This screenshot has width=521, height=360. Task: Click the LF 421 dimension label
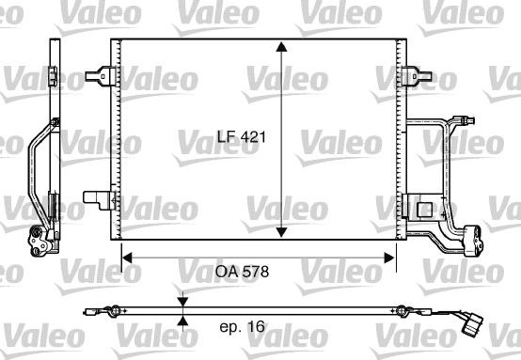click(242, 137)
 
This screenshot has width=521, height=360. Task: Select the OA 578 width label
click(242, 272)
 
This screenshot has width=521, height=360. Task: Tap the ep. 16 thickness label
click(243, 327)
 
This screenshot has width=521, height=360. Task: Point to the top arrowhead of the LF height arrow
click(281, 47)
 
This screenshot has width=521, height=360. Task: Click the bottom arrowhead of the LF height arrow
click(281, 232)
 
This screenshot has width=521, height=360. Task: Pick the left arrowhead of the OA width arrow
click(127, 258)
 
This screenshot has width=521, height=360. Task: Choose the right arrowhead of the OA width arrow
click(389, 258)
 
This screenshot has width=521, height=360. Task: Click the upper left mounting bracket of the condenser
click(100, 76)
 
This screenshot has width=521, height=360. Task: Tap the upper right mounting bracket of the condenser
click(417, 76)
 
